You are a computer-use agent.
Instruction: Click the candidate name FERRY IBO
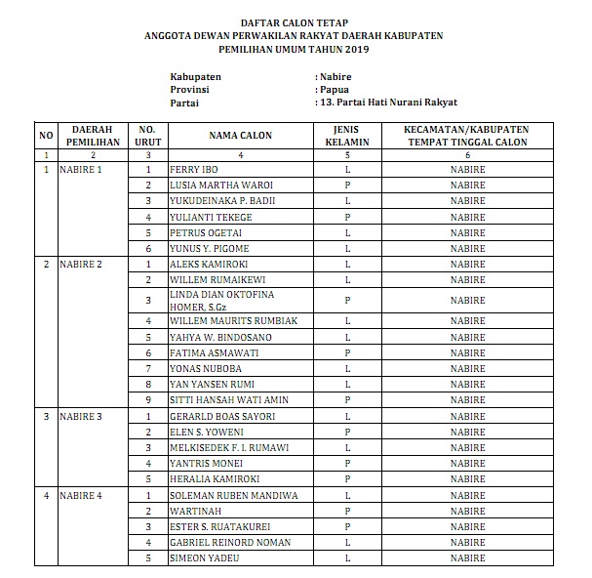pyautogui.click(x=192, y=170)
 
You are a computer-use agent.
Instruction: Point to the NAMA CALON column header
pyautogui.click(x=240, y=137)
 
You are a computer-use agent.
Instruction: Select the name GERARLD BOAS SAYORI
pyautogui.click(x=221, y=417)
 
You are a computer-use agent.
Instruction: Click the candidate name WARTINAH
pyautogui.click(x=195, y=511)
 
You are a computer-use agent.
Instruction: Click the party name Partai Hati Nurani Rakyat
pyautogui.click(x=391, y=103)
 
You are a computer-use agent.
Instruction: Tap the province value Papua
pyautogui.click(x=333, y=89)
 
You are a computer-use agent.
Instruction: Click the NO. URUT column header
pyautogui.click(x=148, y=137)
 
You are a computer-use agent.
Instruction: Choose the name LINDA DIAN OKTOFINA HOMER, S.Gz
pyautogui.click(x=222, y=301)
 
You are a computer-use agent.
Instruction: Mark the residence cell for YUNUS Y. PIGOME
pyautogui.click(x=467, y=249)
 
